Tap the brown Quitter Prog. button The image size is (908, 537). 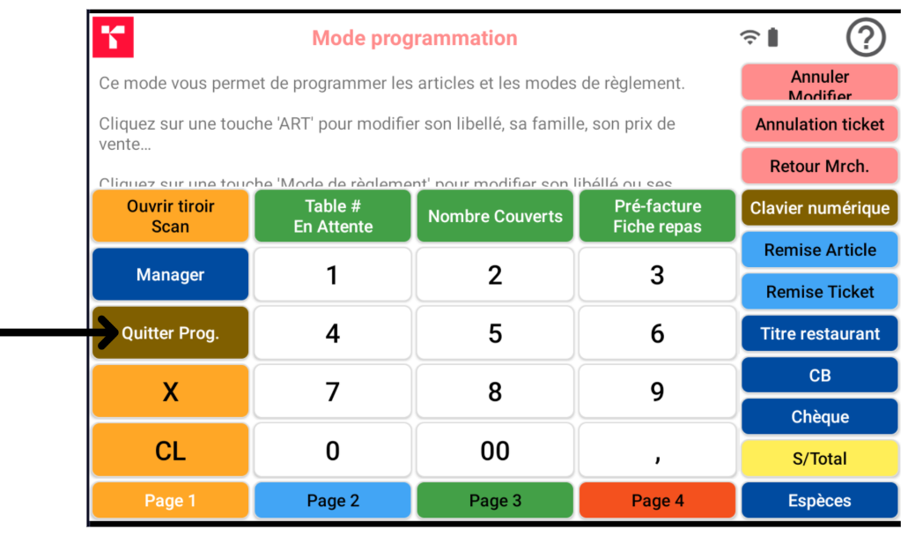tap(170, 333)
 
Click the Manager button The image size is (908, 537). tap(170, 275)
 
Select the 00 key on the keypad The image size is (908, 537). tap(495, 451)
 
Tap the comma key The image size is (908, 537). tap(657, 451)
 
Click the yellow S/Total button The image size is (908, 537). tap(819, 459)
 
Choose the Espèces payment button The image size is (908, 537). tap(819, 500)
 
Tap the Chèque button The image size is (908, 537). tap(819, 417)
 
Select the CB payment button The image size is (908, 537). tap(819, 376)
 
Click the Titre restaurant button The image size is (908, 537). tap(819, 333)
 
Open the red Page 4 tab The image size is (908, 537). tap(657, 500)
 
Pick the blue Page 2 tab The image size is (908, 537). tap(333, 500)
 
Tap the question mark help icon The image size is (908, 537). tap(865, 38)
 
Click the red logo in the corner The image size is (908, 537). tap(113, 37)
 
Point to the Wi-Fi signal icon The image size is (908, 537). tap(749, 37)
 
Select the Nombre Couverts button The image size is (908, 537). tap(495, 216)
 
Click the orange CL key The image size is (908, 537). tap(170, 451)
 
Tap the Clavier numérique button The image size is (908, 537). tap(819, 208)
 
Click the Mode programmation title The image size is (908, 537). tap(415, 38)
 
